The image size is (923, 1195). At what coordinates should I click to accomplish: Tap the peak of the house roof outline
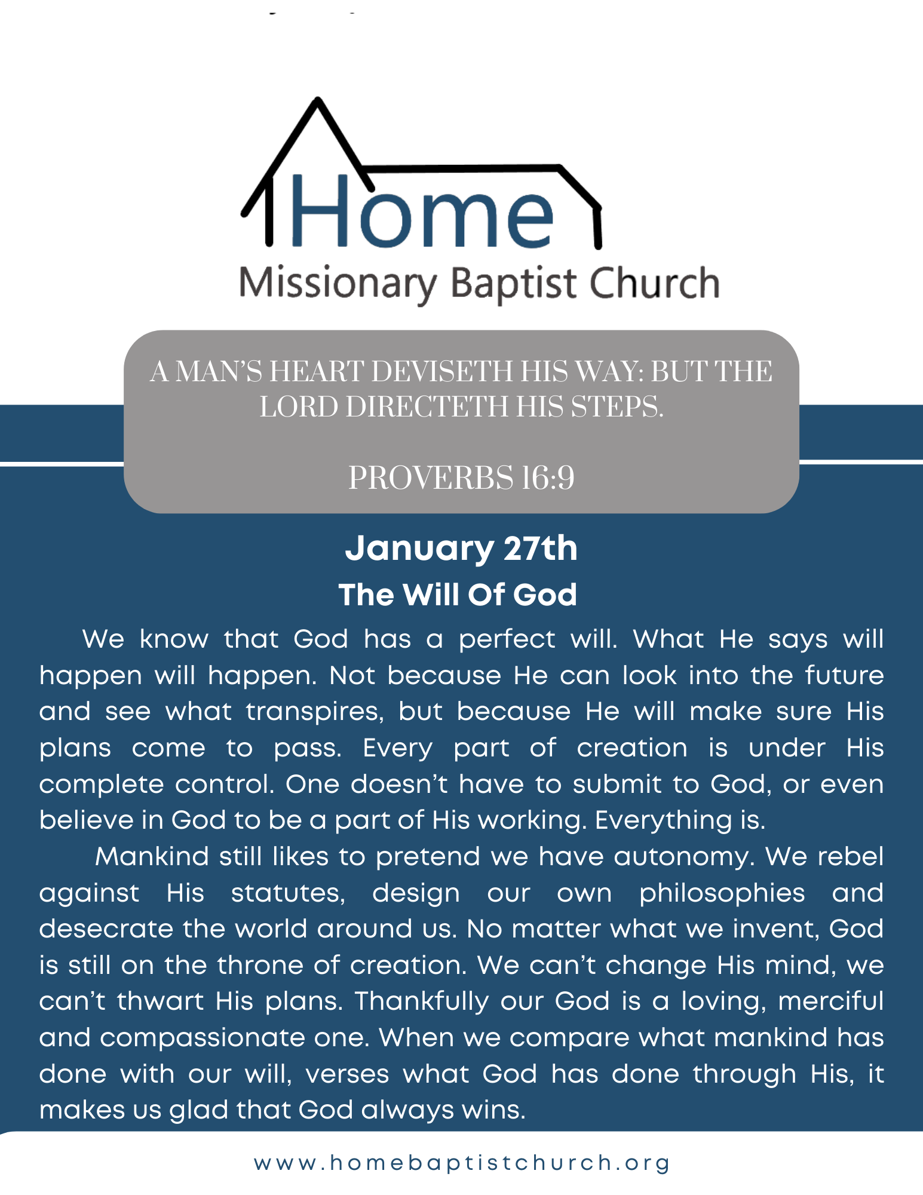pyautogui.click(x=318, y=100)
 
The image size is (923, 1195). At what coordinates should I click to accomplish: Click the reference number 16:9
pyautogui.click(x=548, y=478)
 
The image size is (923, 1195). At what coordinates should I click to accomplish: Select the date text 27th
pyautogui.click(x=541, y=549)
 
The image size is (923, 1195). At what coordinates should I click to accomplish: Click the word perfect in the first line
pyautogui.click(x=507, y=640)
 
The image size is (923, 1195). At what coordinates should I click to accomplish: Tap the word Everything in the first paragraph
pyautogui.click(x=663, y=821)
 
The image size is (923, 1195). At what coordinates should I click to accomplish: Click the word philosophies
pyautogui.click(x=722, y=893)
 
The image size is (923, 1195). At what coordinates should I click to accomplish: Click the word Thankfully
pyautogui.click(x=422, y=1002)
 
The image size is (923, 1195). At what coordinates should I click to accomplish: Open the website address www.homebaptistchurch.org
pyautogui.click(x=462, y=1163)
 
